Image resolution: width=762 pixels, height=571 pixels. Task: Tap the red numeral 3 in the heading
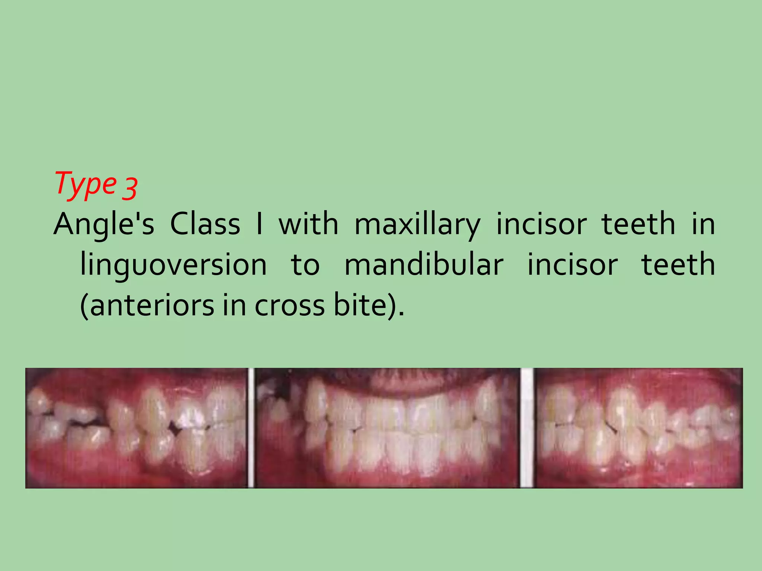[x=130, y=188]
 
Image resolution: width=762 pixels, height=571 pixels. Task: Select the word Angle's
[x=104, y=225]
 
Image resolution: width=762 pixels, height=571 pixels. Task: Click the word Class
[x=205, y=225]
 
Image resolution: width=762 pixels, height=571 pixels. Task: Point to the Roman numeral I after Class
[x=259, y=225]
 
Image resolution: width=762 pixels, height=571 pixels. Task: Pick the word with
[x=308, y=225]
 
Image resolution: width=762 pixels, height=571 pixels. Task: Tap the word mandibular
[x=424, y=265]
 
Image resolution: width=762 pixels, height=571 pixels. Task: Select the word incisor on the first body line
[x=541, y=225]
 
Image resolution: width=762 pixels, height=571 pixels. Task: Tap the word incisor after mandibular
[x=573, y=265]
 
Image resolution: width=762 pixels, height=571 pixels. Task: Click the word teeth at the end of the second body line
[x=678, y=265]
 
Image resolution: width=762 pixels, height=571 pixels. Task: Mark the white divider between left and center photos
[x=251, y=428]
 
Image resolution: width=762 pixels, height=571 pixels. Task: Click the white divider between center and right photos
[x=526, y=428]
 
